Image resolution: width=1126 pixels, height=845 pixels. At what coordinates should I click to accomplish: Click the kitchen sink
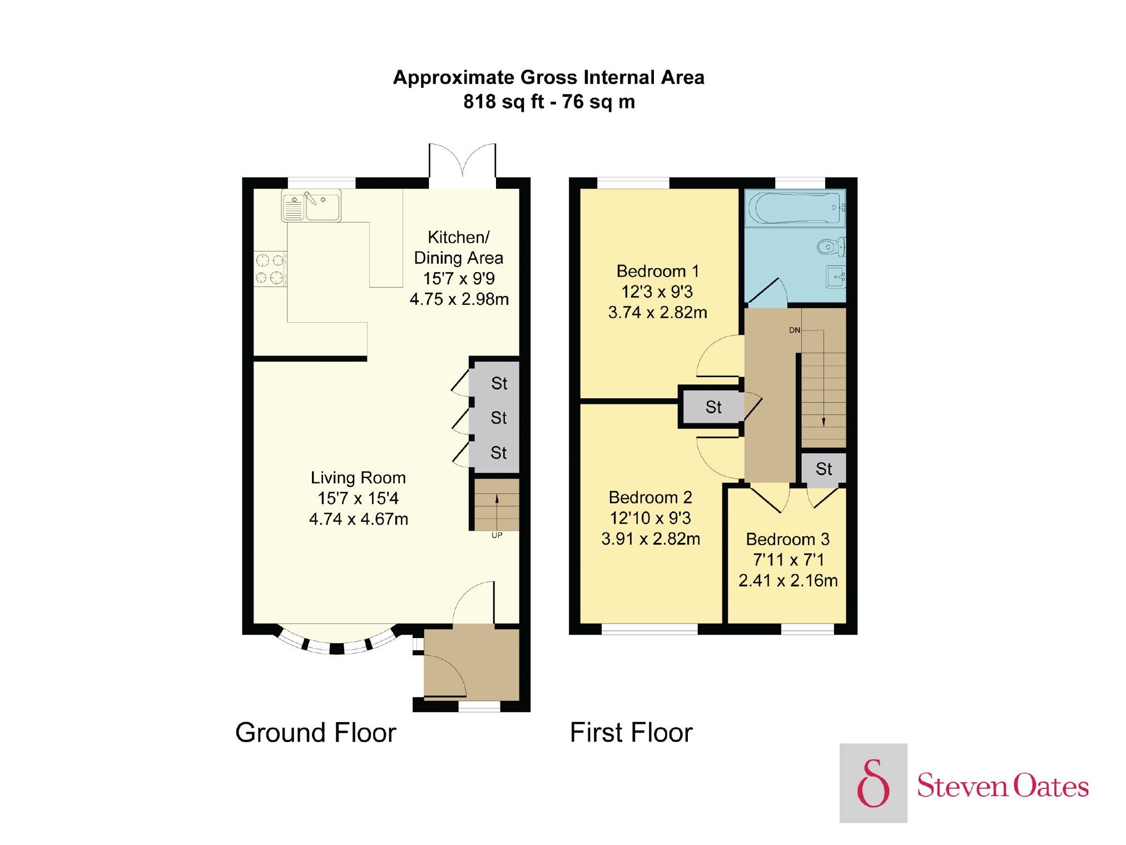click(x=311, y=206)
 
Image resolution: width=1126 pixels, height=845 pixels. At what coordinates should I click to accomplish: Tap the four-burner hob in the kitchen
click(x=270, y=269)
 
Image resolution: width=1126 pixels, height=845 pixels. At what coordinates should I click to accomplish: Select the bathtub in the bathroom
click(x=795, y=208)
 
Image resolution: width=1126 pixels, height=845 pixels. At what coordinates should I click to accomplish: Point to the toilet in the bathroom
click(x=832, y=247)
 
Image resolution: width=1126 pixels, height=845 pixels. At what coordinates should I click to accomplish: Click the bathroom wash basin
click(x=836, y=276)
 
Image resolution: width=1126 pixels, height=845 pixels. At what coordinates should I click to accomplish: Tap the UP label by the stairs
click(x=497, y=535)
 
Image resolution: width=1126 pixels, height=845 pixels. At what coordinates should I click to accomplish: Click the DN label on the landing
click(x=795, y=330)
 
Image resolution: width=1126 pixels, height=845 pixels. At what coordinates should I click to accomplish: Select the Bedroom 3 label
click(x=787, y=539)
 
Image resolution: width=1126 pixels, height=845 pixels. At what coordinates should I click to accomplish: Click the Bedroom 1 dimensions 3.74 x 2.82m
click(x=657, y=313)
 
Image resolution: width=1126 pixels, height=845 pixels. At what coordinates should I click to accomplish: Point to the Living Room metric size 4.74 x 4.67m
click(x=359, y=519)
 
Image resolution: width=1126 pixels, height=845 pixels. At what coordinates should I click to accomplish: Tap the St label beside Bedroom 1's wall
click(x=713, y=407)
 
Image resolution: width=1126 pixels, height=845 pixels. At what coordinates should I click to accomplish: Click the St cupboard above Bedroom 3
click(x=824, y=468)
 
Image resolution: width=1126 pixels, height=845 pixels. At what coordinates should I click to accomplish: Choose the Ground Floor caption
click(x=316, y=732)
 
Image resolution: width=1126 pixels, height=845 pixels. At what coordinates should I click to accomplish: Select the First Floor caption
click(x=631, y=732)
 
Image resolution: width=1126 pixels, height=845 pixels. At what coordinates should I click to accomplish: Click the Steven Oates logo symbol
click(x=873, y=783)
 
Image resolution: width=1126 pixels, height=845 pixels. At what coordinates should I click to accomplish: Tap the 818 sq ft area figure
click(x=503, y=102)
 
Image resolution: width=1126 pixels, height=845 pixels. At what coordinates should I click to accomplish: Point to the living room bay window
click(x=337, y=643)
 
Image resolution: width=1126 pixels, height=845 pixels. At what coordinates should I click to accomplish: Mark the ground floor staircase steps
click(x=497, y=505)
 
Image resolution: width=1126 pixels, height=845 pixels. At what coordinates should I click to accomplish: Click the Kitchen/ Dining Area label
click(x=459, y=248)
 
